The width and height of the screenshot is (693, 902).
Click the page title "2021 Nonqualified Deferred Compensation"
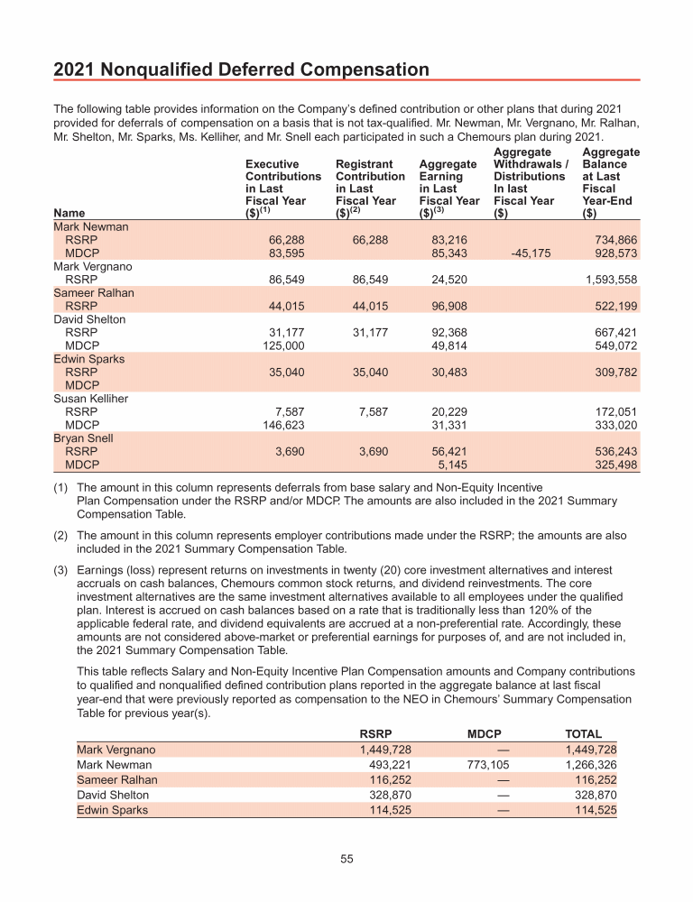pyautogui.click(x=242, y=69)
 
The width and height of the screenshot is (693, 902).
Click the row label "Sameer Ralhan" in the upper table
pyautogui.click(x=88, y=293)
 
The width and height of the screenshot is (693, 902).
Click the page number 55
pyautogui.click(x=346, y=859)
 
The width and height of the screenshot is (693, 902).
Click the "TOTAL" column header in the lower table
pyautogui.click(x=583, y=734)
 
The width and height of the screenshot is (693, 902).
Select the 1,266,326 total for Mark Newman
pyautogui.click(x=590, y=765)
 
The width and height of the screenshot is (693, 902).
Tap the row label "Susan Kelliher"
pyautogui.click(x=90, y=399)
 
